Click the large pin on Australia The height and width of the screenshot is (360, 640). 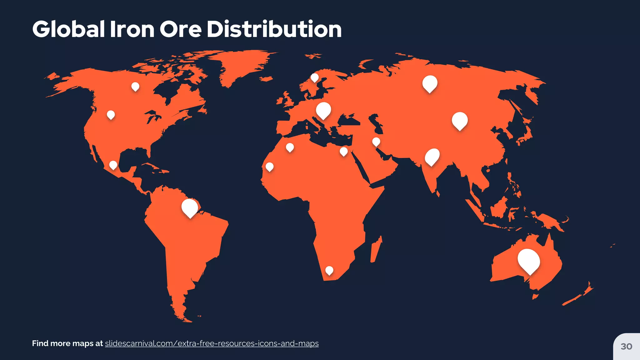pos(528,261)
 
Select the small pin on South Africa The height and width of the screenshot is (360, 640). pos(329,270)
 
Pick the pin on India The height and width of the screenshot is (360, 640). pos(432,157)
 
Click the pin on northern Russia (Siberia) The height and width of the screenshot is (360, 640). pos(430,83)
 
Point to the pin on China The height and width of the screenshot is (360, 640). pos(460,121)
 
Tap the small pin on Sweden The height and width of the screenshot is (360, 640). pos(315,77)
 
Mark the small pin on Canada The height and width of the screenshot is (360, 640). pos(135,87)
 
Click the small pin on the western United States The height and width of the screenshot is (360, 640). pos(111,115)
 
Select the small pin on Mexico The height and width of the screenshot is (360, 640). pos(113,165)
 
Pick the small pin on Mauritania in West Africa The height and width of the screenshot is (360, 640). pos(269,167)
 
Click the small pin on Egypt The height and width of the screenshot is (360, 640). pos(344,152)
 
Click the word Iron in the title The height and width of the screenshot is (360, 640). pos(132,29)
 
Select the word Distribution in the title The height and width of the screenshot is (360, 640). pos(274,29)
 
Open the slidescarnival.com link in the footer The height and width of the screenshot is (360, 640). pos(212,343)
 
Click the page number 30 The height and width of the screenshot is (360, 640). pos(626,346)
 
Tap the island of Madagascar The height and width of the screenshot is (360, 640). pos(376,250)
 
